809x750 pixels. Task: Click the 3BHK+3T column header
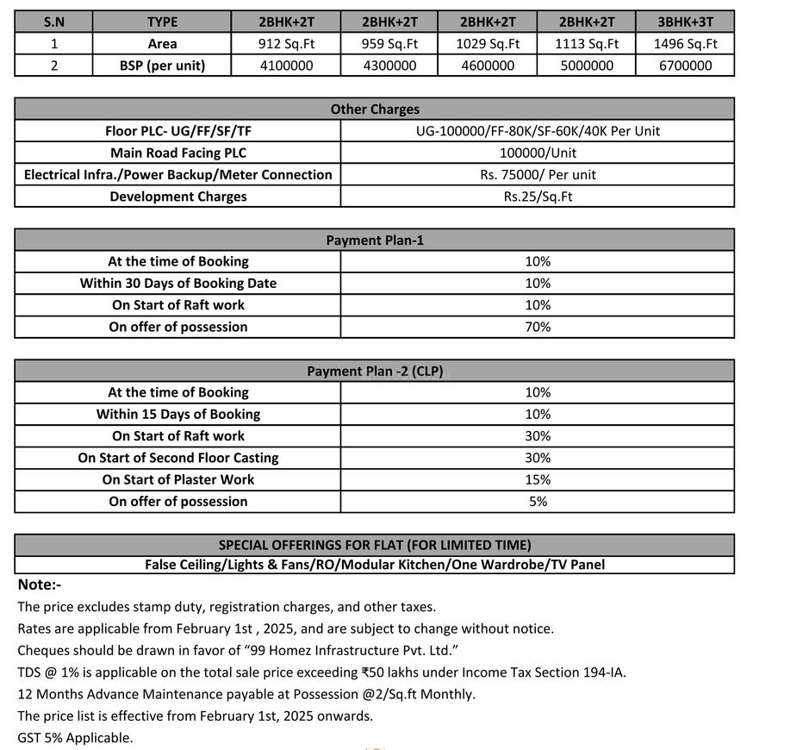coord(685,22)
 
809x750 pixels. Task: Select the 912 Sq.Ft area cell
coord(286,44)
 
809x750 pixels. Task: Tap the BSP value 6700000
coord(685,66)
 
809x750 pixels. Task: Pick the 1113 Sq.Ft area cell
coord(586,44)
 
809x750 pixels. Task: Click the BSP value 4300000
coord(389,66)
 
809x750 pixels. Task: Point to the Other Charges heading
coord(375,109)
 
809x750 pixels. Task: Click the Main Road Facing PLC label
coord(177,153)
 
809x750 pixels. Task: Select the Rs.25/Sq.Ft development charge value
coord(538,197)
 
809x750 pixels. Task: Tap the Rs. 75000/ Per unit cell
coord(538,174)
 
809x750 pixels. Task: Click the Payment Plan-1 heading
coord(375,241)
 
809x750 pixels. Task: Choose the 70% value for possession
coord(538,327)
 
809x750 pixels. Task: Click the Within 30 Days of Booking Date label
coord(177,283)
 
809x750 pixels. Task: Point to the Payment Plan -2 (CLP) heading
coord(375,372)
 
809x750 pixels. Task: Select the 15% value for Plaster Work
coord(538,479)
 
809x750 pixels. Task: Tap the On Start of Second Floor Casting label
coord(177,458)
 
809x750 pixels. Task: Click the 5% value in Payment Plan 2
coord(538,501)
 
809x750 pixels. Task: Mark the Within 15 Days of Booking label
coord(177,414)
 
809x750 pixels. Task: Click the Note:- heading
coord(40,584)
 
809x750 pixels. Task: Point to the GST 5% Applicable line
coord(75,738)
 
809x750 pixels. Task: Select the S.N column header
coord(53,22)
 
